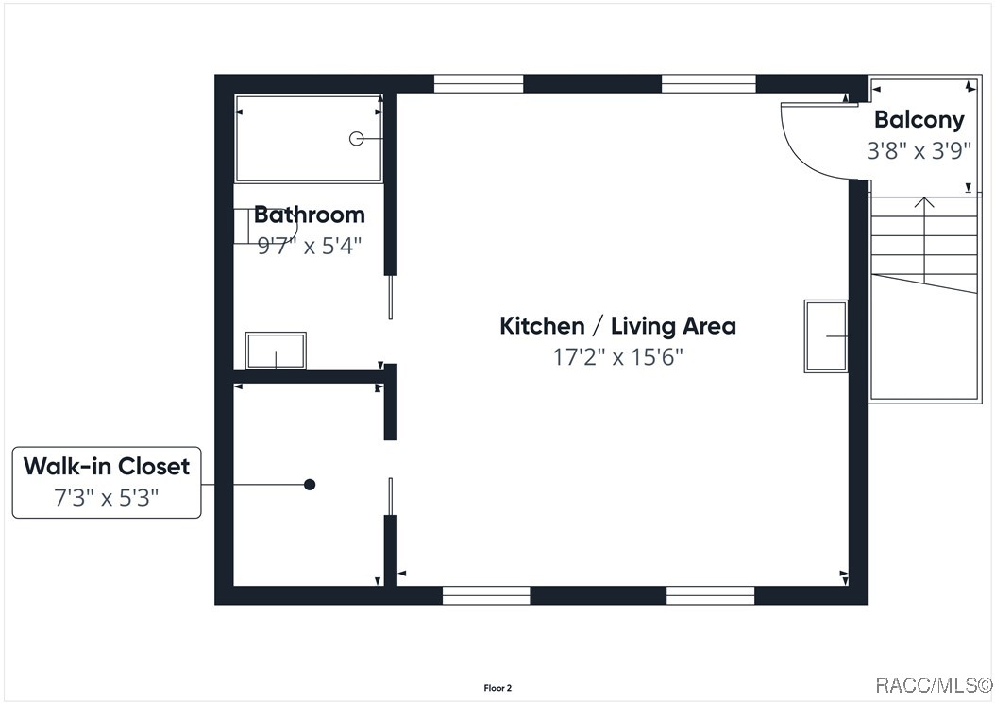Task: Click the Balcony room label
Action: pyautogui.click(x=919, y=119)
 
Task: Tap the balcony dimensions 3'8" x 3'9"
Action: pyautogui.click(x=919, y=150)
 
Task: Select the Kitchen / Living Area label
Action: pyautogui.click(x=617, y=326)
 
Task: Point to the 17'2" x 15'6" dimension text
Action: pyautogui.click(x=617, y=356)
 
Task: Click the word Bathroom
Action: pyautogui.click(x=309, y=215)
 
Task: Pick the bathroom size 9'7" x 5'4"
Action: pyautogui.click(x=309, y=246)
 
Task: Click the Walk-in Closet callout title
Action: pyautogui.click(x=107, y=467)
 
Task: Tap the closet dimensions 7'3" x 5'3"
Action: pyautogui.click(x=107, y=497)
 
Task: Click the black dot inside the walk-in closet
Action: pyautogui.click(x=310, y=485)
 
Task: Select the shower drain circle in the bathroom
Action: pyautogui.click(x=357, y=139)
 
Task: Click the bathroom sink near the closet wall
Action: pyautogui.click(x=276, y=351)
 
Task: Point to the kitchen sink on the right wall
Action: pyautogui.click(x=826, y=336)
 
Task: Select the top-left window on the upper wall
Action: pyautogui.click(x=479, y=84)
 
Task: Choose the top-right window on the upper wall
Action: pyautogui.click(x=709, y=84)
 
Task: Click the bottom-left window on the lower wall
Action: pyautogui.click(x=486, y=595)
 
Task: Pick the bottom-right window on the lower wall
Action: pyautogui.click(x=711, y=595)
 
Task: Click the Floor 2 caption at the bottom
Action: pyautogui.click(x=497, y=688)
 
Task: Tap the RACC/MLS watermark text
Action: pyautogui.click(x=934, y=685)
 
